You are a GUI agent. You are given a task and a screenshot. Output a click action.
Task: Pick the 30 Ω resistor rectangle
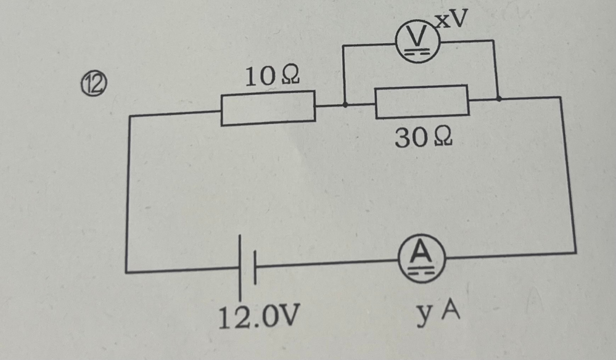pos(422,101)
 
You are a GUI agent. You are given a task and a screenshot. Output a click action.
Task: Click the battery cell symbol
pos(247,268)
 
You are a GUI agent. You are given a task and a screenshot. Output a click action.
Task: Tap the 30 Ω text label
pos(424,138)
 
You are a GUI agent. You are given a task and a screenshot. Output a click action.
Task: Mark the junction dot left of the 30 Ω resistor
pos(345,104)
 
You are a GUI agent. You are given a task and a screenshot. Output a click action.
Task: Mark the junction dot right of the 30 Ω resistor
pos(498,97)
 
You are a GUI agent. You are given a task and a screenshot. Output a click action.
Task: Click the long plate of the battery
pos(240,269)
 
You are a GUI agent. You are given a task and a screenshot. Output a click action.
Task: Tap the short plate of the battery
pos(254,268)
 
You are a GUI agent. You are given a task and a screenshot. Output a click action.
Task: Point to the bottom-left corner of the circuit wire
pos(126,271)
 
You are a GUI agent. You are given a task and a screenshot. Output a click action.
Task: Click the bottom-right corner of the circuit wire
pos(576,252)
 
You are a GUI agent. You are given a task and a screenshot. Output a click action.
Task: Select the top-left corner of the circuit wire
pos(129,115)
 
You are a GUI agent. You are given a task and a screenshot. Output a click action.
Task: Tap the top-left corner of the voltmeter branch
pos(343,45)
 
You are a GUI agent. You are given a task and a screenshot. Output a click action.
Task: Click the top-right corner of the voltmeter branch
pos(493,41)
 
